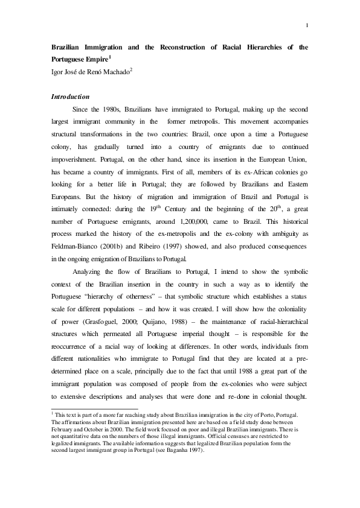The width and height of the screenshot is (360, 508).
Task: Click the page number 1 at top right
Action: (x=307, y=25)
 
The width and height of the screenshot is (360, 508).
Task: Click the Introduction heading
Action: (x=71, y=97)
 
